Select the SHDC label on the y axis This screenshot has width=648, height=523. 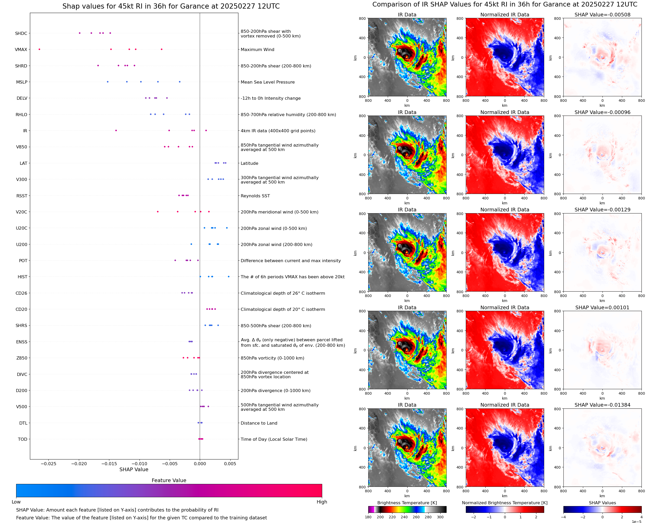21,33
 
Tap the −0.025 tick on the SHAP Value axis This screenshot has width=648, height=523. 48,464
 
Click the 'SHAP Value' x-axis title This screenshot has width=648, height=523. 134,469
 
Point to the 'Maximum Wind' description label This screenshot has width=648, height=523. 257,50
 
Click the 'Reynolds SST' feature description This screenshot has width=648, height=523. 255,196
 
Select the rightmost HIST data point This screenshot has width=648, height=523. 228,276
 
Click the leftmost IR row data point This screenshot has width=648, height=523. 116,130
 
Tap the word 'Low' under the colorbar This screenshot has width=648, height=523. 16,502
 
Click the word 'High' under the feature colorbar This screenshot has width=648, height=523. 322,502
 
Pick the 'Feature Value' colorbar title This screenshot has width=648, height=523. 169,481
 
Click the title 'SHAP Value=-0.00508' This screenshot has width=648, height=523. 602,15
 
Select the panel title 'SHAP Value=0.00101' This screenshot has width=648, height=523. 602,308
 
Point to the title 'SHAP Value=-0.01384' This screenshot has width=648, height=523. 602,405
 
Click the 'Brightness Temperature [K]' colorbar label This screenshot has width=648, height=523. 407,503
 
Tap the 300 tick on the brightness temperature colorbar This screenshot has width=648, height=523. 440,517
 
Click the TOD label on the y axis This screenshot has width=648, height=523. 23,439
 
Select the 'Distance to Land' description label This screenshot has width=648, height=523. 259,423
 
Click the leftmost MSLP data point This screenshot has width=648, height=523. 107,82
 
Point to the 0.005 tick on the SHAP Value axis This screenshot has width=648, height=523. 230,464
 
